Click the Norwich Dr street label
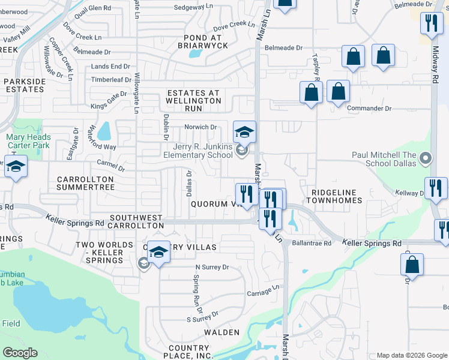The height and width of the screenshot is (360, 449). [x=200, y=127]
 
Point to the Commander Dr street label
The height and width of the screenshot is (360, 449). [x=369, y=109]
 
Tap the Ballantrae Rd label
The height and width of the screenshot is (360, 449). [x=312, y=244]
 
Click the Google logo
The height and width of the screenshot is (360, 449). [x=20, y=353]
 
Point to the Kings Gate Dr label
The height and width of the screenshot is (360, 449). [x=109, y=94]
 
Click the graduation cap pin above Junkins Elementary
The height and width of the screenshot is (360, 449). [x=244, y=131]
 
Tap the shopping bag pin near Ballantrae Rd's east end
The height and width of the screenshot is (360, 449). [x=412, y=265]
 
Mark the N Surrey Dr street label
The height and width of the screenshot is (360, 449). [x=212, y=267]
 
